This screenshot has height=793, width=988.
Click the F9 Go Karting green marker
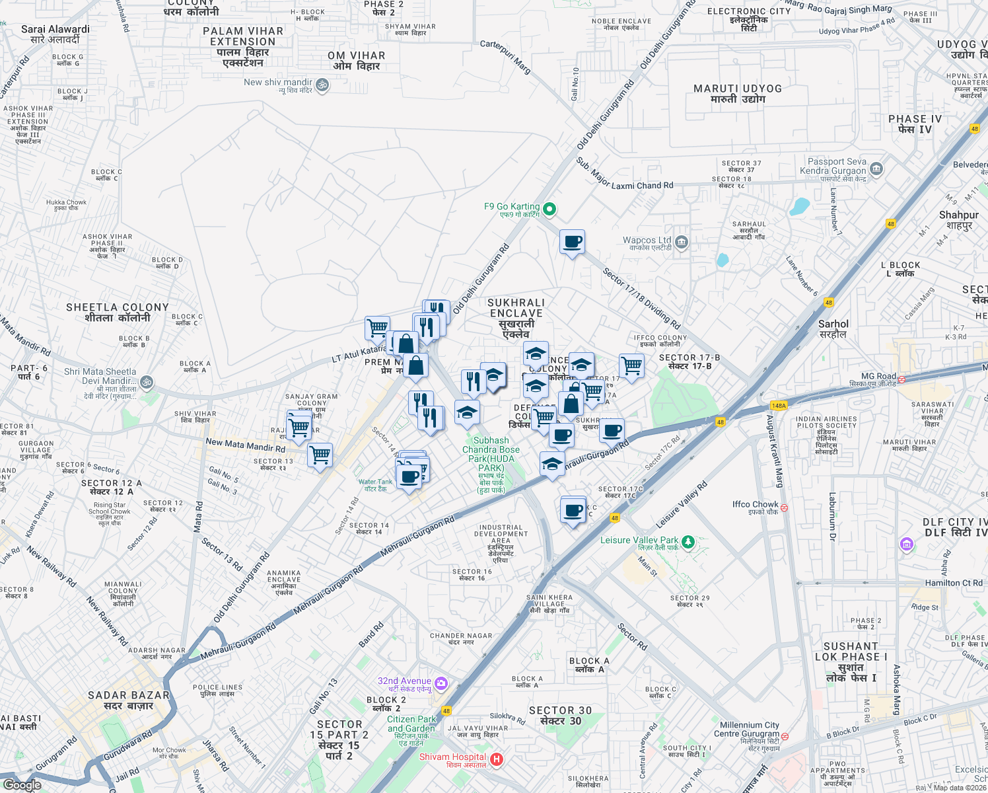point(549,210)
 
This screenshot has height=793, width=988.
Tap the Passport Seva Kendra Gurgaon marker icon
point(876,169)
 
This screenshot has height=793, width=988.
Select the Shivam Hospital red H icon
point(497,761)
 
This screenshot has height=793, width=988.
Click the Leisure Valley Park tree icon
point(688,542)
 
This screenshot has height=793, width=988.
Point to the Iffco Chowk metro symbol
point(785,508)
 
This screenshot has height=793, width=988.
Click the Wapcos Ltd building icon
point(682,243)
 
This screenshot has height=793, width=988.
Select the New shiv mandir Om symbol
point(322,85)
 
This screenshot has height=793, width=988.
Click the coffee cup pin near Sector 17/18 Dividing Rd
point(572,242)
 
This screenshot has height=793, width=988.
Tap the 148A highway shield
point(779,406)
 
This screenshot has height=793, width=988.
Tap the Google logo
point(22,785)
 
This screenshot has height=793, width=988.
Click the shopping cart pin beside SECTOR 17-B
point(631,365)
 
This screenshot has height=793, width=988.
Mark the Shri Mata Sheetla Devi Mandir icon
point(147,382)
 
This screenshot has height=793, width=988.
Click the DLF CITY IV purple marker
point(907,544)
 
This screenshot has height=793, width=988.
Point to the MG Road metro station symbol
point(901,379)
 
